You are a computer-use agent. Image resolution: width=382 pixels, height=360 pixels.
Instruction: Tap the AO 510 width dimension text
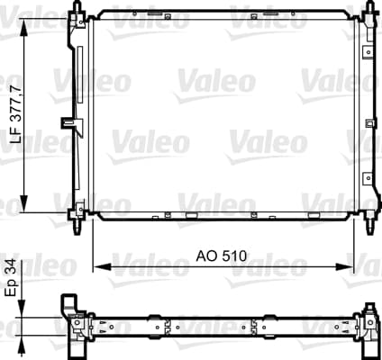(222, 256)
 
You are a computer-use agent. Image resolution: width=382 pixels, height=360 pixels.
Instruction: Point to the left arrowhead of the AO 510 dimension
(102, 266)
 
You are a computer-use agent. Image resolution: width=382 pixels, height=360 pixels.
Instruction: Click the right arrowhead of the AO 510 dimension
(345, 266)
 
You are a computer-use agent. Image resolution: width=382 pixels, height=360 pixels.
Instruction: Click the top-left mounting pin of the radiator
(78, 6)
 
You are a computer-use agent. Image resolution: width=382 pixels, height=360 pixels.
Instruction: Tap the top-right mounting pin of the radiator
(370, 6)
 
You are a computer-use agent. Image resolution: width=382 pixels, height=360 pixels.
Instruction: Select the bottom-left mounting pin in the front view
(78, 227)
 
